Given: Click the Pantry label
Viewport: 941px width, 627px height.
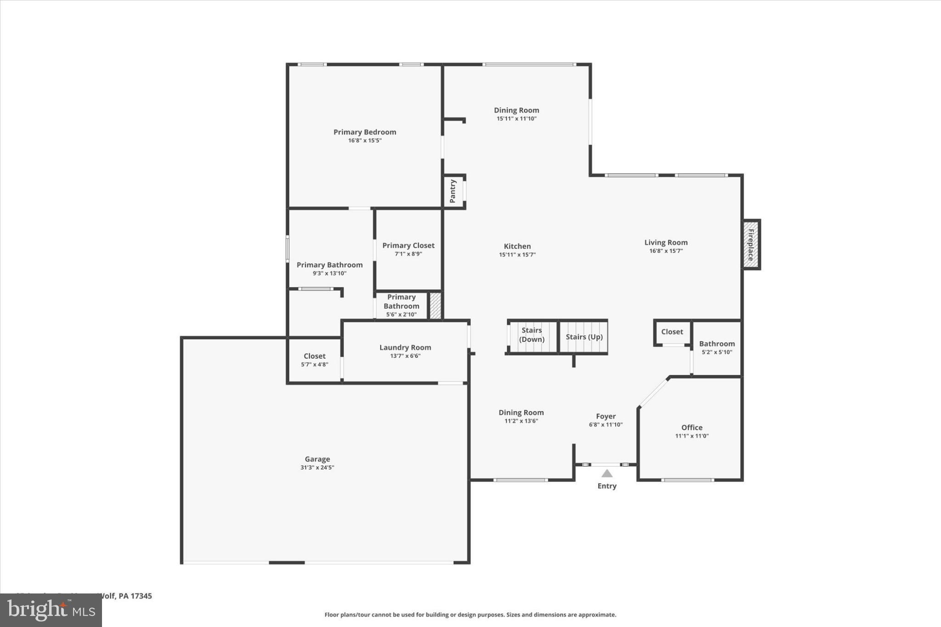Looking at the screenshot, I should pyautogui.click(x=453, y=191).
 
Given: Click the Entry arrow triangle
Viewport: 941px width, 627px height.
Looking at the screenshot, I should pyautogui.click(x=607, y=474).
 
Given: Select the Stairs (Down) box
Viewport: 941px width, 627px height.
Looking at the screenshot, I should pyautogui.click(x=532, y=337).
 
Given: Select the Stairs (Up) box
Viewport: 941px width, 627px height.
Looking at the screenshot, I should pyautogui.click(x=584, y=337).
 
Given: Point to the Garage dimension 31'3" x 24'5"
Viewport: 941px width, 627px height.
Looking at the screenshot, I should pyautogui.click(x=317, y=468).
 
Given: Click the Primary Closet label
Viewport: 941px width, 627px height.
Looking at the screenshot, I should pyautogui.click(x=408, y=245).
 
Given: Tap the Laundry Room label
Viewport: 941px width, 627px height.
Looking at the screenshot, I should pyautogui.click(x=405, y=347).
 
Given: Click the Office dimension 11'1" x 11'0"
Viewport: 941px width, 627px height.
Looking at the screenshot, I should pyautogui.click(x=692, y=436).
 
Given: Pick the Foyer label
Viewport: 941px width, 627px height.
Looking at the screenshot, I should pyautogui.click(x=606, y=416).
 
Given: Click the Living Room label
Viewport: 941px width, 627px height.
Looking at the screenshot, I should pyautogui.click(x=666, y=243).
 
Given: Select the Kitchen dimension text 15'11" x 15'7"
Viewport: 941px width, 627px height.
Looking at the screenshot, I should pyautogui.click(x=517, y=254).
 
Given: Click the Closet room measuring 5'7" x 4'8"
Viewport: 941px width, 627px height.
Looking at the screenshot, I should pyautogui.click(x=315, y=360).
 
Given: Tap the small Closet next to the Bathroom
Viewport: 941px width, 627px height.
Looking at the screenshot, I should pyautogui.click(x=672, y=332).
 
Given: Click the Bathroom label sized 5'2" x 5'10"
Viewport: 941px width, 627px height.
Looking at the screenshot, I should pyautogui.click(x=717, y=344).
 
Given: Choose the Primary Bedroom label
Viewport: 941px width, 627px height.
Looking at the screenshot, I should pyautogui.click(x=365, y=132).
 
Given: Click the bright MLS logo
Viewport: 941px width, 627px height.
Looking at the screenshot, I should pyautogui.click(x=51, y=610).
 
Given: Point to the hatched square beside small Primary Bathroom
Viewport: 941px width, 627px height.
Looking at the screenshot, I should pyautogui.click(x=435, y=305).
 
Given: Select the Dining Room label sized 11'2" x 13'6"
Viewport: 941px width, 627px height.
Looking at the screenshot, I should pyautogui.click(x=521, y=412).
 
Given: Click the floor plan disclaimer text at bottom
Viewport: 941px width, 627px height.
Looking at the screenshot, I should pyautogui.click(x=470, y=615).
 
